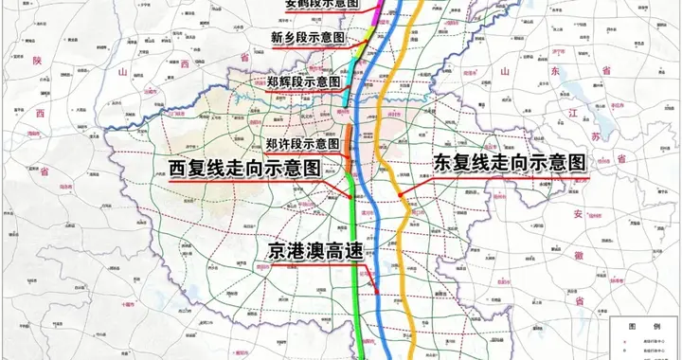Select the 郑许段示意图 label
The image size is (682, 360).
[x=303, y=143]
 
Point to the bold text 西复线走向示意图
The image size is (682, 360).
[x=243, y=168]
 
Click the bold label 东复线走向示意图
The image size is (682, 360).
[x=509, y=162]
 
